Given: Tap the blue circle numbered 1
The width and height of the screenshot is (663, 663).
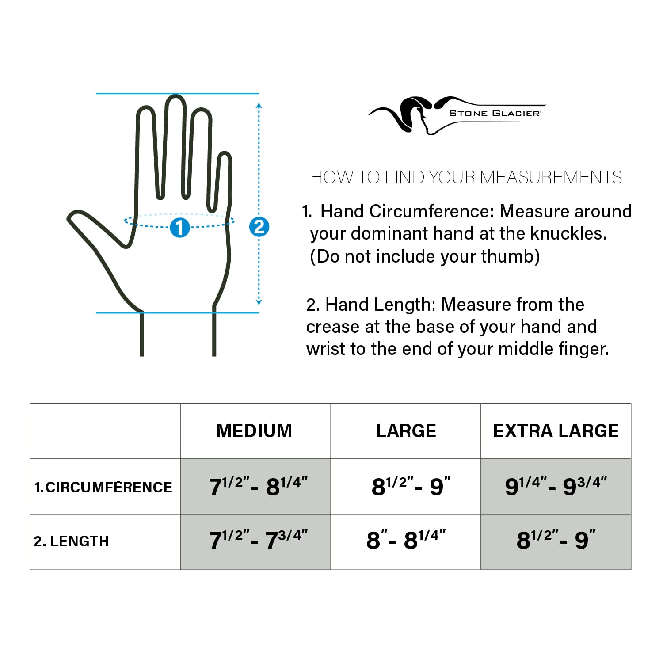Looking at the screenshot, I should (x=180, y=227).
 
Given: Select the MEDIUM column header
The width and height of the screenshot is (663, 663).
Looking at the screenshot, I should (x=254, y=431).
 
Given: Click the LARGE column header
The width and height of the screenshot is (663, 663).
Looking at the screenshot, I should (x=406, y=431).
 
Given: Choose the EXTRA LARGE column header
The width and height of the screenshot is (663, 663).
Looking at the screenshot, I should (x=556, y=431).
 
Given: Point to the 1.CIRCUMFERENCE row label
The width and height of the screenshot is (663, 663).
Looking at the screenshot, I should (x=103, y=487).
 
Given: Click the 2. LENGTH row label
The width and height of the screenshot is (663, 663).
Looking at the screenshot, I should (x=72, y=541).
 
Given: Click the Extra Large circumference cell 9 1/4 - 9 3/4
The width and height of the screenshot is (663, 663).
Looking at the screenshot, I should (x=556, y=486).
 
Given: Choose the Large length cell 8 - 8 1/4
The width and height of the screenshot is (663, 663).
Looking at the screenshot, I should (x=406, y=540).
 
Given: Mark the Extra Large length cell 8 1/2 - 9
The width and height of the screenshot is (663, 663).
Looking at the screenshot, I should (x=556, y=540).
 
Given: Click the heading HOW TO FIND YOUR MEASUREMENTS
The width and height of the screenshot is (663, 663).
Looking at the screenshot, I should (x=466, y=177).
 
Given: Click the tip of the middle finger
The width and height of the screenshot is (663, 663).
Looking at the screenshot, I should (x=175, y=99).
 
